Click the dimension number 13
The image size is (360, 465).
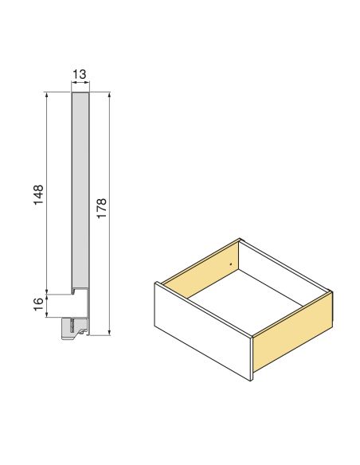tap(80, 74)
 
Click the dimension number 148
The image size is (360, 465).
tap(38, 196)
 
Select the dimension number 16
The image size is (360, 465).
tap(38, 305)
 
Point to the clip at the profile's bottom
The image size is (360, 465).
tap(76, 326)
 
